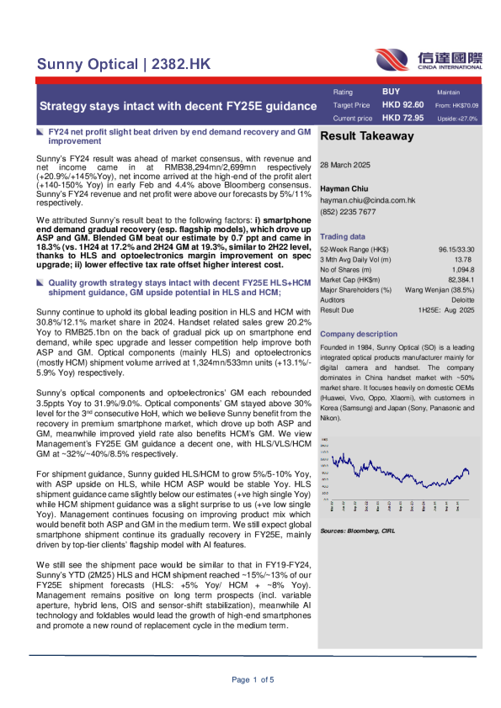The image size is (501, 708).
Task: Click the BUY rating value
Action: (392, 91)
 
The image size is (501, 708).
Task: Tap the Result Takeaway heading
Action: (363, 135)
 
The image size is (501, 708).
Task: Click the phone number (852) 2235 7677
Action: (348, 212)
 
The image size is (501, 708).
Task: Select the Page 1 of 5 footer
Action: (251, 679)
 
